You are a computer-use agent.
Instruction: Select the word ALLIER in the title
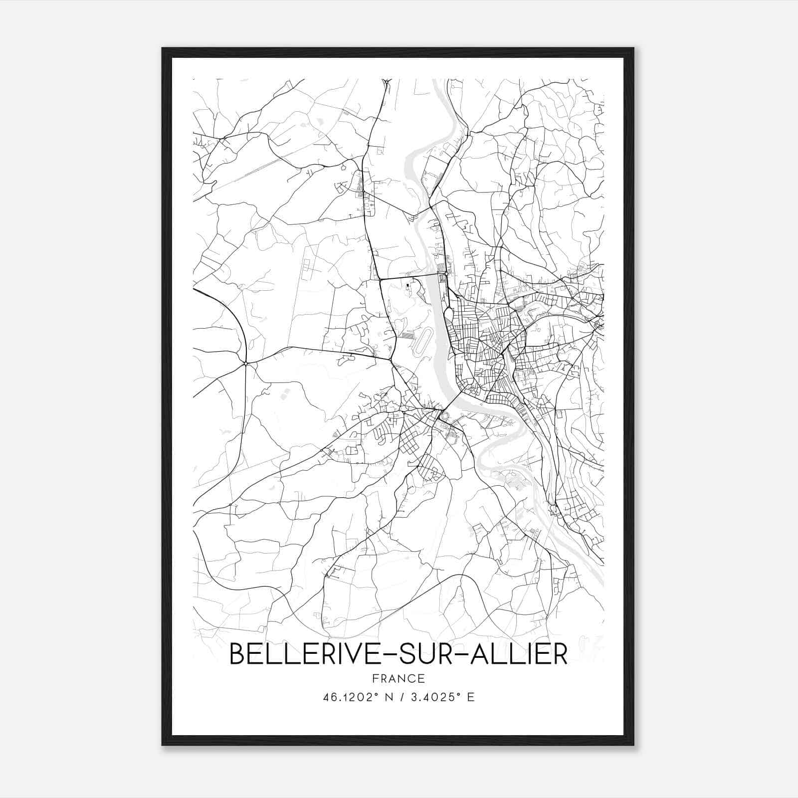coord(517,654)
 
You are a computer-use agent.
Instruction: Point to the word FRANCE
coord(398,679)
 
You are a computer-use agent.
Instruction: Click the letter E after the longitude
coord(471,697)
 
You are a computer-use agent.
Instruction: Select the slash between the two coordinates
coord(402,697)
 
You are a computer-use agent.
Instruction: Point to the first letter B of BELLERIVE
coord(237,654)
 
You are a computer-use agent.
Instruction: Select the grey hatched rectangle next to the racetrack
coord(408,336)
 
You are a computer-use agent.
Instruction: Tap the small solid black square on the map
coord(408,285)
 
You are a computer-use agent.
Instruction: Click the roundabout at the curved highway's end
coord(246,363)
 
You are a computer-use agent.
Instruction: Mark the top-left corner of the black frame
coord(163,48)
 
